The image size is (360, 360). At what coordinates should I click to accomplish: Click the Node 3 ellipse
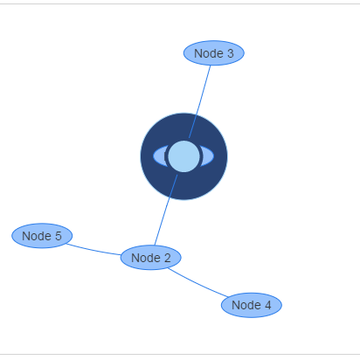(214, 53)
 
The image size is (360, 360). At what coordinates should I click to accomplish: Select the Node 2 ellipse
(151, 258)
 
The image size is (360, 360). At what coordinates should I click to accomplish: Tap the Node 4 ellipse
(252, 305)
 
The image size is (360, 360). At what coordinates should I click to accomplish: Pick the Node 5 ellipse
(42, 236)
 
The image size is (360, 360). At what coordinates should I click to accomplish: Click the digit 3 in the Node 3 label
(231, 53)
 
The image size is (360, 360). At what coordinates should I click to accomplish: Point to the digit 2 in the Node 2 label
(168, 258)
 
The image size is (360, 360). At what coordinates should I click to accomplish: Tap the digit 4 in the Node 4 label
(268, 305)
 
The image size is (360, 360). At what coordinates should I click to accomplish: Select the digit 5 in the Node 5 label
(59, 236)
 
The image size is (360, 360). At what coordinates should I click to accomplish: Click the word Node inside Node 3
(209, 53)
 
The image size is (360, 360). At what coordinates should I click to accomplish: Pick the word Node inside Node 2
(146, 258)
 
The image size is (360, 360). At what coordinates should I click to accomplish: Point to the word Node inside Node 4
(246, 305)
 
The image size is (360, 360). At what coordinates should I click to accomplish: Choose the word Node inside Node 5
(37, 236)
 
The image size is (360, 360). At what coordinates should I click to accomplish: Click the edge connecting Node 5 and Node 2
(93, 250)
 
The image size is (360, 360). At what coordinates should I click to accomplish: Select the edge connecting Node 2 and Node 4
(197, 284)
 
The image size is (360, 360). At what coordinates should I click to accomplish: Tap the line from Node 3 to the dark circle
(200, 101)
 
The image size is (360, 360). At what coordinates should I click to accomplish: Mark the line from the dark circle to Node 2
(166, 210)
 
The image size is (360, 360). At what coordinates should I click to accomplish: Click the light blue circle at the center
(184, 156)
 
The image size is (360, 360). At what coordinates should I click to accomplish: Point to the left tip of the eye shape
(154, 156)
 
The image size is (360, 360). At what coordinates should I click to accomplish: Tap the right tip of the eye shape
(214, 156)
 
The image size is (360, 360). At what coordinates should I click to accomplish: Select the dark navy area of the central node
(184, 186)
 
